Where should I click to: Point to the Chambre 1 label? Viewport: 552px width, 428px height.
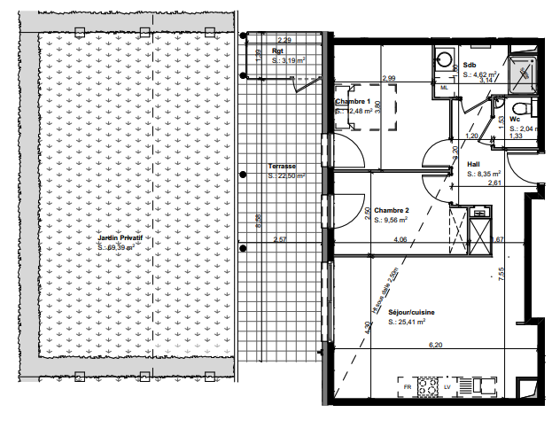pyautogui.click(x=352, y=102)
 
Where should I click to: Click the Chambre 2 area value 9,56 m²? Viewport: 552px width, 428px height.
pyautogui.click(x=390, y=219)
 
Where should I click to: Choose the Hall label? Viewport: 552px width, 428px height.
pyautogui.click(x=474, y=164)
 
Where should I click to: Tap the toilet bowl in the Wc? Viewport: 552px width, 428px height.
pyautogui.click(x=523, y=107)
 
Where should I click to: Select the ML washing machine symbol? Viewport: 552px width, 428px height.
pyautogui.click(x=445, y=87)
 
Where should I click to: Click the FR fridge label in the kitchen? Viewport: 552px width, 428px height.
pyautogui.click(x=408, y=388)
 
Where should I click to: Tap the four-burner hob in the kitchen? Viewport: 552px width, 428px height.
pyautogui.click(x=429, y=387)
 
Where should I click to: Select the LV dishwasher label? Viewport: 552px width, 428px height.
pyautogui.click(x=448, y=388)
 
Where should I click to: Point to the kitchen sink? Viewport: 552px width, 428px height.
pyautogui.click(x=484, y=386)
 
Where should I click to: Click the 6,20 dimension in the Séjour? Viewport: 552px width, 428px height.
pyautogui.click(x=434, y=345)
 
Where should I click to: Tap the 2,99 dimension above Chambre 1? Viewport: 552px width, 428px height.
pyautogui.click(x=388, y=79)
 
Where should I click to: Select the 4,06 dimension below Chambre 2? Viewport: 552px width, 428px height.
pyautogui.click(x=399, y=239)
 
